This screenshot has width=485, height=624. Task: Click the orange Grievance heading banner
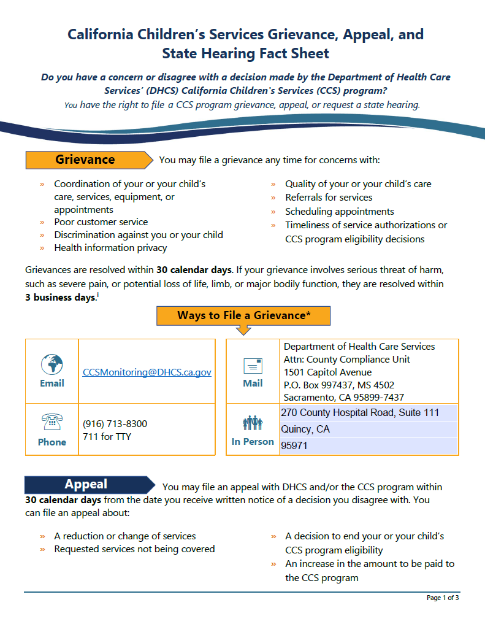click(86, 160)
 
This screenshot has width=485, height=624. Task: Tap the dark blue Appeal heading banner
click(86, 485)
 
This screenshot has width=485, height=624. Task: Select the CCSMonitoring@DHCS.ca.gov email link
click(147, 372)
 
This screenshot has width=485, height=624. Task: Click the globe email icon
click(52, 364)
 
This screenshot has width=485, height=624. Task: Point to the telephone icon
click(52, 423)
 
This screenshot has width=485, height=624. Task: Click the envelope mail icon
click(253, 366)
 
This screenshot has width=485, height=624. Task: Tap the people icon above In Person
click(253, 423)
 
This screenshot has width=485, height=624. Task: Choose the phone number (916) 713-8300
click(115, 424)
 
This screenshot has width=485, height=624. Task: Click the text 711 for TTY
click(107, 437)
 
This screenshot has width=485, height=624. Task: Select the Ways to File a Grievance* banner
click(243, 315)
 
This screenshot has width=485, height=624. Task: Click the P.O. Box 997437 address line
click(338, 385)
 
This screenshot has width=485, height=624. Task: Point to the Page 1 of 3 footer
click(442, 598)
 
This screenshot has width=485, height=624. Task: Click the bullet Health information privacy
click(110, 248)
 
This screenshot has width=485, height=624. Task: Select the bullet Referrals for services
click(329, 198)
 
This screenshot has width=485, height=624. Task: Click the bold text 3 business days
click(60, 298)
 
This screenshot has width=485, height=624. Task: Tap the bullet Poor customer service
click(101, 222)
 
